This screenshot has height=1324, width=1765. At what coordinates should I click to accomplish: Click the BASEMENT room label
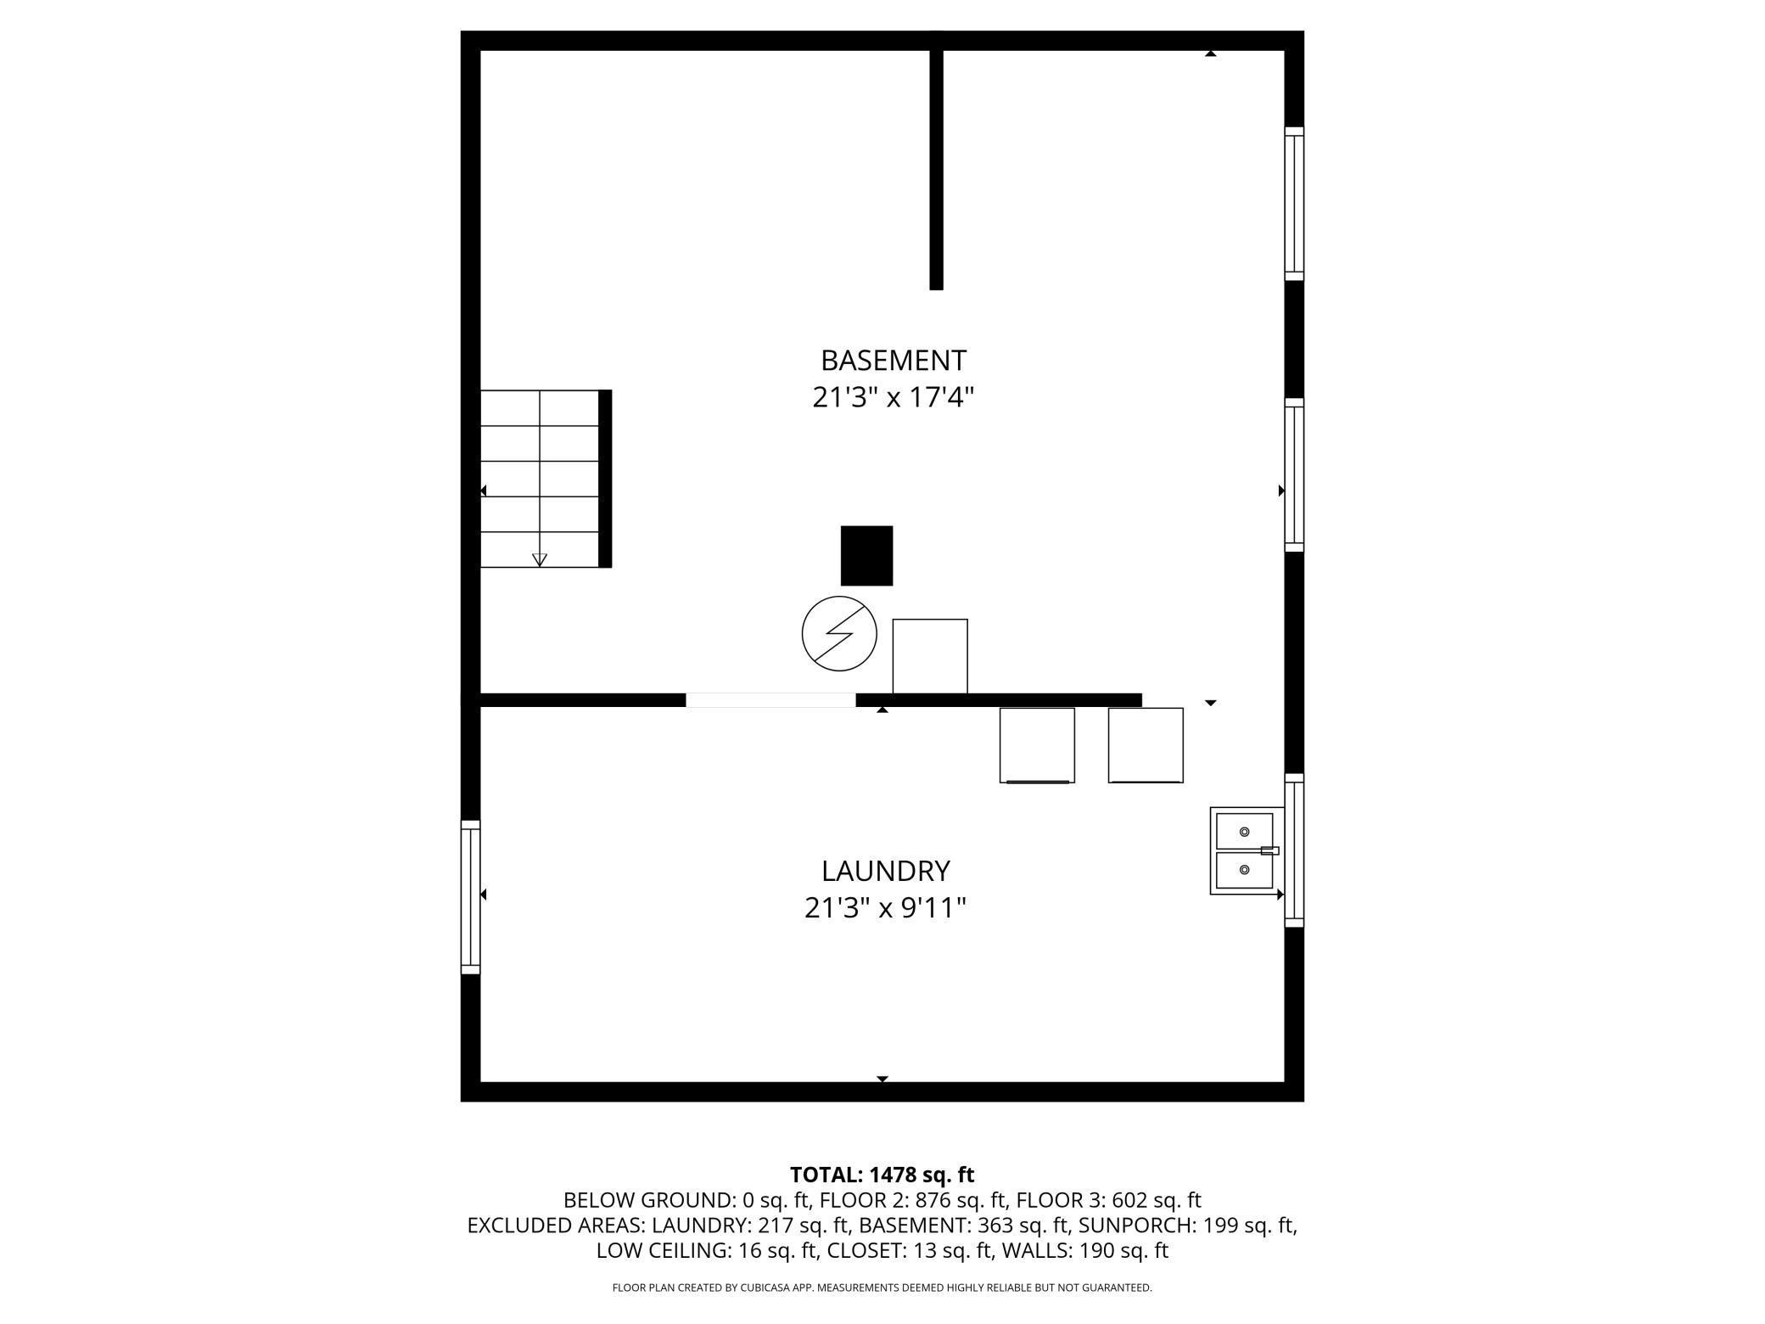893,361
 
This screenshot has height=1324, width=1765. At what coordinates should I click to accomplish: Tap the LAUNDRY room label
885,871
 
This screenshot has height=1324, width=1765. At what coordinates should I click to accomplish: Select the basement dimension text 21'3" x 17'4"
893,397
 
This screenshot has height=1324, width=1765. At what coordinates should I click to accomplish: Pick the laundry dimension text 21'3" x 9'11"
885,908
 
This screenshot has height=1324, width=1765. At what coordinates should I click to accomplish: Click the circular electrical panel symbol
839,634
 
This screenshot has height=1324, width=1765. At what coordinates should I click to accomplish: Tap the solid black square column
866,556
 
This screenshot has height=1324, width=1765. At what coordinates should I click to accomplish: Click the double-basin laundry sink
1246,850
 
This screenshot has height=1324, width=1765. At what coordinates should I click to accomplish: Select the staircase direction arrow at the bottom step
540,559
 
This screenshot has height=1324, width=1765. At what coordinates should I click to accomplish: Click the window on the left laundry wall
470,897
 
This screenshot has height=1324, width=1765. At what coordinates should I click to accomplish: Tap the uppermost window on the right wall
1294,204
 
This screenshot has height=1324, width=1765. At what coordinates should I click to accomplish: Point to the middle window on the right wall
1294,475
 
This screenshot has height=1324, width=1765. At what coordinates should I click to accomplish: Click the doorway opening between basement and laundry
770,700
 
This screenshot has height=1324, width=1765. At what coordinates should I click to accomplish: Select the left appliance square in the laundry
1037,745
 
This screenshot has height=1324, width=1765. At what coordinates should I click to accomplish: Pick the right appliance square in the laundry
1146,745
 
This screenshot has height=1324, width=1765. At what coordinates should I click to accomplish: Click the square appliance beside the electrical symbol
930,656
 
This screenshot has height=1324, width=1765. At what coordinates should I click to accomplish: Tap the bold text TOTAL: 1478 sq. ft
882,1175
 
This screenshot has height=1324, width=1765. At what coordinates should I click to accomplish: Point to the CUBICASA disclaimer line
882,1288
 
